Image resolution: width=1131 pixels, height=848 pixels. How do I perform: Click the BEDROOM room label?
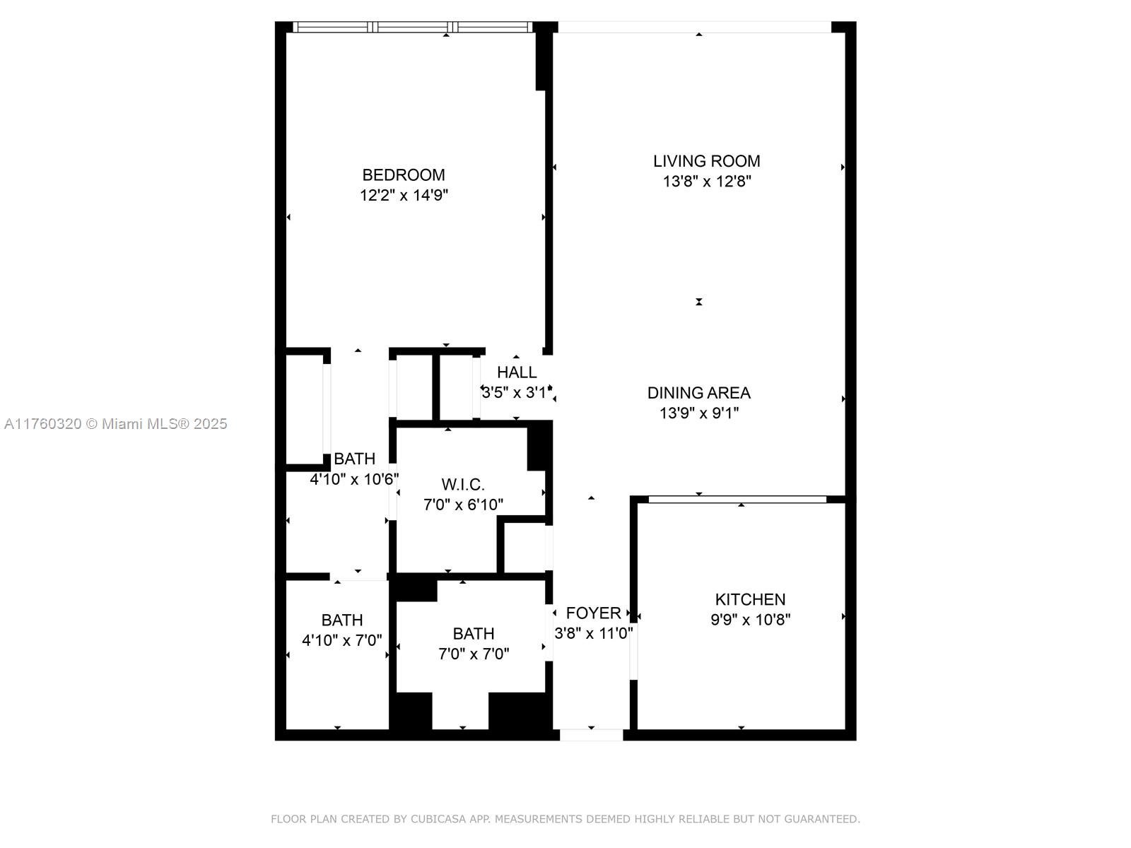pos(404,175)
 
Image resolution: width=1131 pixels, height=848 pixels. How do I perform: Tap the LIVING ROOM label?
pos(706,161)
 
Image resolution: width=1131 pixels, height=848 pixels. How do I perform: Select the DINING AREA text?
pos(698,393)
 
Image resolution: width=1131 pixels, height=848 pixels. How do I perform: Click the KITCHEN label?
pos(750,599)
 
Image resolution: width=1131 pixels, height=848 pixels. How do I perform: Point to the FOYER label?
pos(593,613)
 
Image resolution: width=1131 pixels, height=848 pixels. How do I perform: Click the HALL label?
pos(516,372)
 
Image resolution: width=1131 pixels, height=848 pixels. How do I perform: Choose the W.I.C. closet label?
pos(463,485)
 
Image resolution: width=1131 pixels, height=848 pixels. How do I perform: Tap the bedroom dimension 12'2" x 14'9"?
pos(404,195)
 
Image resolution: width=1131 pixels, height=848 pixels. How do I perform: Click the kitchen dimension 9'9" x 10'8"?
pos(750,620)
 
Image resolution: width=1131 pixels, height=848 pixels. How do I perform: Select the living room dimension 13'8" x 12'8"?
pos(706,182)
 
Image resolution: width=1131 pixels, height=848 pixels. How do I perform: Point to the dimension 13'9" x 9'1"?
pos(698,413)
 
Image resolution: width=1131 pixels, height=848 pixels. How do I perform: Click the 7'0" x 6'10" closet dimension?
pos(463,505)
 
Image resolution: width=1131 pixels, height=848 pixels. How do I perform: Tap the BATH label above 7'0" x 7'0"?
pos(473,634)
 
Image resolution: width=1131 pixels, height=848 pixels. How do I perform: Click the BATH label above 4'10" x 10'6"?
pos(354,459)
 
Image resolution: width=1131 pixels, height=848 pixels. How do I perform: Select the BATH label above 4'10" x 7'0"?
pos(342,620)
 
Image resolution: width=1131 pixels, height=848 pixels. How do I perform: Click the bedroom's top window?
pos(413,28)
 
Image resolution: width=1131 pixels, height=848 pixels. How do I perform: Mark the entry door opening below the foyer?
pos(591,735)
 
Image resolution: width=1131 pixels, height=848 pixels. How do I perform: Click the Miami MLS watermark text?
pos(115,424)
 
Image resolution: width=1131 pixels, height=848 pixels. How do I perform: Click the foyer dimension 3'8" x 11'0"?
pos(593,633)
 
